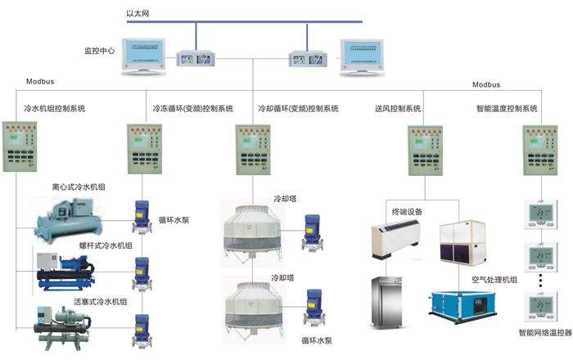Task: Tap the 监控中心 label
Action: tap(100, 51)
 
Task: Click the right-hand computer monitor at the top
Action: tap(364, 55)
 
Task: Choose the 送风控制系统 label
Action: tap(397, 108)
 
